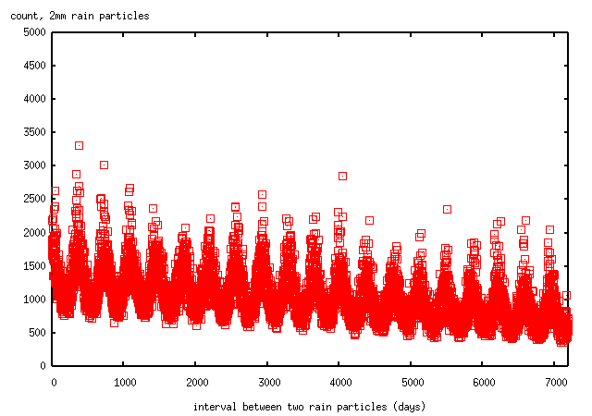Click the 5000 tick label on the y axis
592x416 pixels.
click(x=33, y=32)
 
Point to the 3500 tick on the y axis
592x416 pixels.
click(x=33, y=132)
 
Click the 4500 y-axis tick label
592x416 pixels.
click(x=33, y=66)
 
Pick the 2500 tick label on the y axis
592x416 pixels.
click(x=33, y=199)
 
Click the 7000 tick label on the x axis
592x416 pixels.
click(x=554, y=381)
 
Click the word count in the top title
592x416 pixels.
click(x=24, y=16)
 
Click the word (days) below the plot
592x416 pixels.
click(x=409, y=407)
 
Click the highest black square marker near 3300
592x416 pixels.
click(x=79, y=145)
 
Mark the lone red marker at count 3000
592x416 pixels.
click(x=104, y=165)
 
